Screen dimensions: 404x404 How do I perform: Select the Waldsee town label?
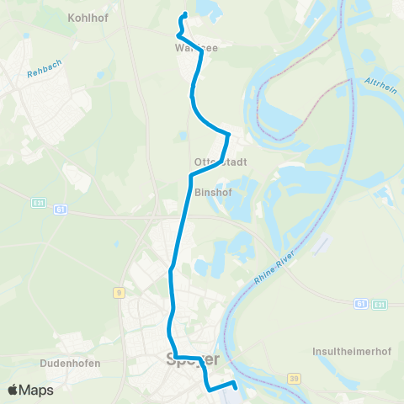tap(196, 49)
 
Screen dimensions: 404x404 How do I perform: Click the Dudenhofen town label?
tap(70, 364)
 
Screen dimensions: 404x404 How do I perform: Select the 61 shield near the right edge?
tap(360, 303)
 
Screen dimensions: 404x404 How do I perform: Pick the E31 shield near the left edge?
tap(38, 202)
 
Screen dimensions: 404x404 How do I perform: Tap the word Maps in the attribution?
tap(38, 390)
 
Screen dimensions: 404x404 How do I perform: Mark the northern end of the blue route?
tap(184, 14)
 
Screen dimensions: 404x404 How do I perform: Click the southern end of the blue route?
tap(234, 387)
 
